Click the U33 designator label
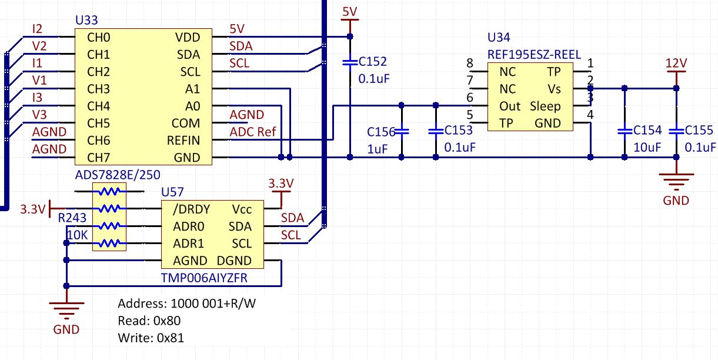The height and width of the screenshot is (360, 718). [86, 21]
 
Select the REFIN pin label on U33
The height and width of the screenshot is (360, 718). [183, 141]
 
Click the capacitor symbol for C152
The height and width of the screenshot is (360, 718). [350, 61]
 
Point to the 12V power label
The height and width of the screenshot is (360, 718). [676, 63]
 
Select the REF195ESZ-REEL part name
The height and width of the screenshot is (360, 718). [534, 55]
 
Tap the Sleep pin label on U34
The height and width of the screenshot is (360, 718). [545, 106]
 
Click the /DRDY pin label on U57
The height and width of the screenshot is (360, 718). [191, 209]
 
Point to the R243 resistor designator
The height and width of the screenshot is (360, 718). [73, 218]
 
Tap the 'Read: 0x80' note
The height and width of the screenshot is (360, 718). [149, 321]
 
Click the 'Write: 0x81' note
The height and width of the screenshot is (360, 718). [152, 338]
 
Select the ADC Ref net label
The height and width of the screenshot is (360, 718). [252, 132]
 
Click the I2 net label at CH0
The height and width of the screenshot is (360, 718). [37, 29]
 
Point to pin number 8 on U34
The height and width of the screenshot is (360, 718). [469, 63]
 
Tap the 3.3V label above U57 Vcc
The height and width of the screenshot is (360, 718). [280, 184]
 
